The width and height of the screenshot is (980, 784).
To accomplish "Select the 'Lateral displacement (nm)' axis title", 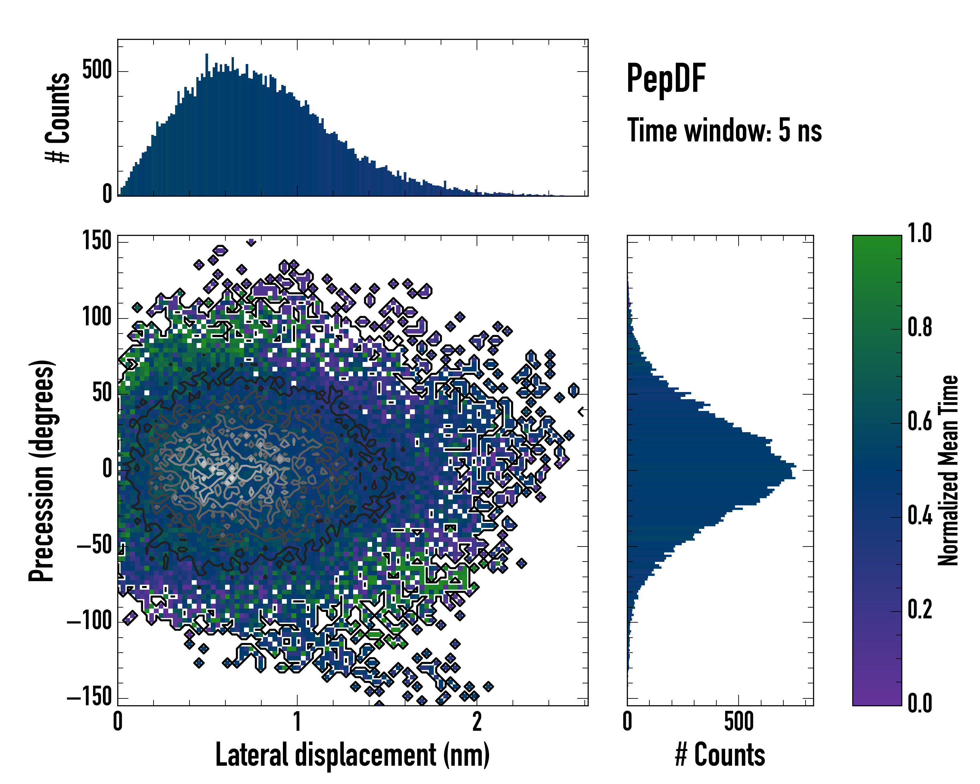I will pyautogui.click(x=352, y=755).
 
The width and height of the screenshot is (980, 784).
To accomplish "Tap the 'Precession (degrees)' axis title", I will pyautogui.click(x=42, y=470).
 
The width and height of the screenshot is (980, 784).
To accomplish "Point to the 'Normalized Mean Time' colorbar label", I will pyautogui.click(x=948, y=470).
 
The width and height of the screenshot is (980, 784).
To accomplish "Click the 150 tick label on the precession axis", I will pyautogui.click(x=97, y=240).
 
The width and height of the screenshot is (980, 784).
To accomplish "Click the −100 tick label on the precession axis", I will pyautogui.click(x=90, y=621).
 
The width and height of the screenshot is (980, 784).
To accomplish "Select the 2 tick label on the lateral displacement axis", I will pyautogui.click(x=477, y=722).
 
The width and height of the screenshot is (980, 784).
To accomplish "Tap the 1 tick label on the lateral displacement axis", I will pyautogui.click(x=297, y=722).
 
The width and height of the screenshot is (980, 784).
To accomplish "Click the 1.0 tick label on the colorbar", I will pyautogui.click(x=920, y=233).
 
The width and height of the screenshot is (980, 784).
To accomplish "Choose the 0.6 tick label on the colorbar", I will pyautogui.click(x=920, y=422).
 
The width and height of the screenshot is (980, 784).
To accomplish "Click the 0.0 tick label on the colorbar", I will pyautogui.click(x=920, y=703).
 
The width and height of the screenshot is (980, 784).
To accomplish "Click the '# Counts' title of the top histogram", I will pyautogui.click(x=58, y=118).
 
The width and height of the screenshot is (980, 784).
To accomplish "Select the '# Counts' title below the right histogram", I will pyautogui.click(x=720, y=755).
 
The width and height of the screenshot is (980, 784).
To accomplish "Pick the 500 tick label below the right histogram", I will pyautogui.click(x=739, y=722).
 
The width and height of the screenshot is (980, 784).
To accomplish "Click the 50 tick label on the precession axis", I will pyautogui.click(x=102, y=393).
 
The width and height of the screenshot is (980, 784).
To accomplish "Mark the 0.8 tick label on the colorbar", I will pyautogui.click(x=920, y=328).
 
